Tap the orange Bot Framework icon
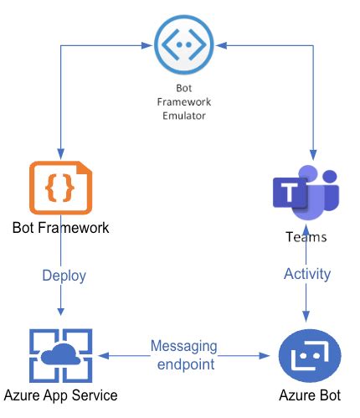(60, 189)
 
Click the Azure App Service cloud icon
(60, 355)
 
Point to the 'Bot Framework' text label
(60, 227)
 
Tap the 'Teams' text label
(306, 236)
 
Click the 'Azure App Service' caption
(60, 395)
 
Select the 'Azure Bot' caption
(311, 395)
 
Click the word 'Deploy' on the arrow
(64, 275)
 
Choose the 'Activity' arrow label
(307, 274)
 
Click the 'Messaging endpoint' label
(184, 354)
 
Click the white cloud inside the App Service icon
(60, 356)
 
